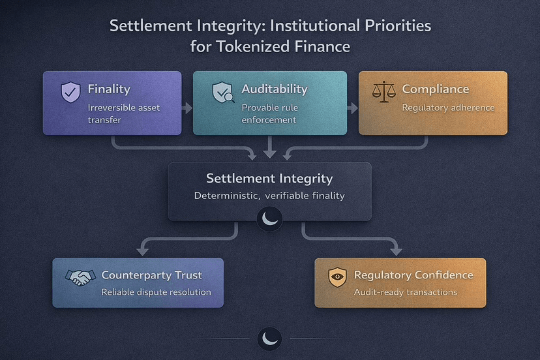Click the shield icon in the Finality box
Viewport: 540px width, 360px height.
point(70,92)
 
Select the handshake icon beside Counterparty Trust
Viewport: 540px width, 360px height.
point(80,278)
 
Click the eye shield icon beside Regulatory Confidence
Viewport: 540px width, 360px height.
point(337,277)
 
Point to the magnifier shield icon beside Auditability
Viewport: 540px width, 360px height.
point(223,93)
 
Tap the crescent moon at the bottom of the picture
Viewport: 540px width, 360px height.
point(269,338)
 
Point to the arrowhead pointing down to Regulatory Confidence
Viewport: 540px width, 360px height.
point(395,250)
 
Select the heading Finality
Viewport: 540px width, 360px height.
point(109,89)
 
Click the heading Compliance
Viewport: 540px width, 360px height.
point(436,89)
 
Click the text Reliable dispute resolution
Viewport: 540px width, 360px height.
point(156,292)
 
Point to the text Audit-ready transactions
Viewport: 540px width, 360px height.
point(405,292)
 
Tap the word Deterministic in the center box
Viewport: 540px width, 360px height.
point(224,196)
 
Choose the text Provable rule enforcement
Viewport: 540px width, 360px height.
point(269,113)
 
